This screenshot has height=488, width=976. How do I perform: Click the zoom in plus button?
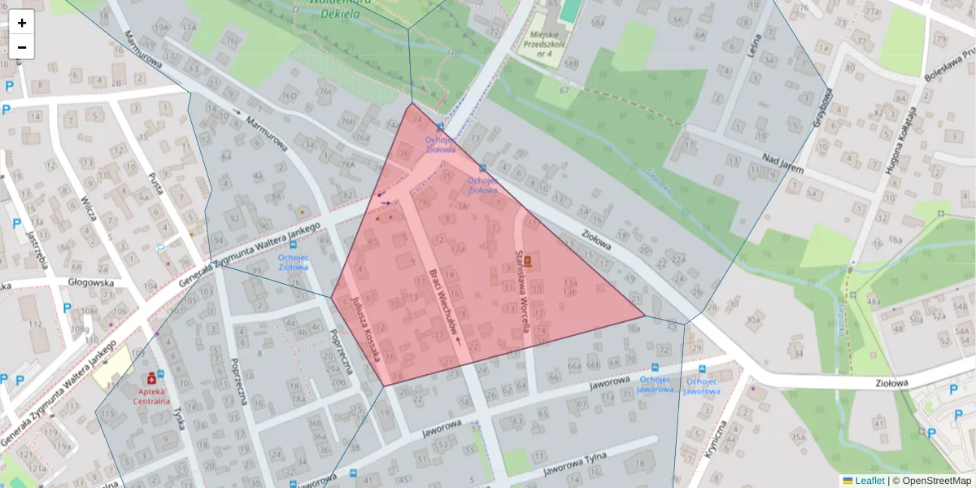pos(22,23)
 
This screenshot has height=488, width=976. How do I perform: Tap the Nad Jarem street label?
pos(782,163)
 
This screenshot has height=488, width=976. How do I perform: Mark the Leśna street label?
pos(753,45)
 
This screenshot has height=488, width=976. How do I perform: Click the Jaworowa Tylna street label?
pos(575,465)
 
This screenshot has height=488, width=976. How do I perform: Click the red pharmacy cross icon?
pos(151,379)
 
